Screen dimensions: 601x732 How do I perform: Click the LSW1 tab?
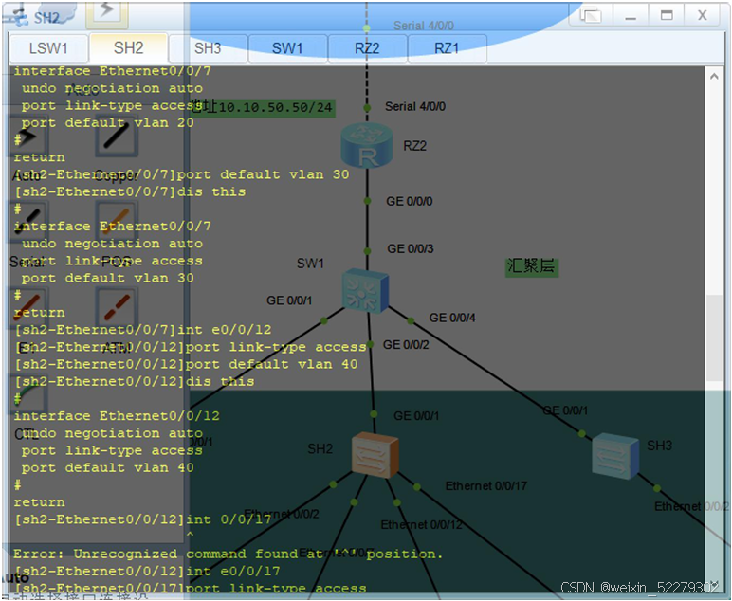(48, 48)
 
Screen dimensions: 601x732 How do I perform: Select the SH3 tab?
(208, 48)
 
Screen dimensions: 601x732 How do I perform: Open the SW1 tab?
(287, 48)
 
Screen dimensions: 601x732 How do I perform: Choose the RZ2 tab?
(367, 48)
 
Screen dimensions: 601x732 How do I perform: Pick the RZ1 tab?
(447, 48)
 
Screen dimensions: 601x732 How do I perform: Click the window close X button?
(703, 15)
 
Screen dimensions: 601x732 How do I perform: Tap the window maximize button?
(667, 15)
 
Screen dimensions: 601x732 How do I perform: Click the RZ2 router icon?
(366, 146)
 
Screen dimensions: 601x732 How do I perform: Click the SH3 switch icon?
(616, 455)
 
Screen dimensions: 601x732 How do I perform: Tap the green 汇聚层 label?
(531, 266)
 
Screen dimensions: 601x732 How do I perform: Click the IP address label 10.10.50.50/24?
(270, 107)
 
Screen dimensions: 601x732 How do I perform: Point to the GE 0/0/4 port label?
(452, 318)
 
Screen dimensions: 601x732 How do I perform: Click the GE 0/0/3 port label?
(411, 248)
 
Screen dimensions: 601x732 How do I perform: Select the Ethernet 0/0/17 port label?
(485, 486)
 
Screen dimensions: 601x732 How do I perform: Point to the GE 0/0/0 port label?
(409, 201)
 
